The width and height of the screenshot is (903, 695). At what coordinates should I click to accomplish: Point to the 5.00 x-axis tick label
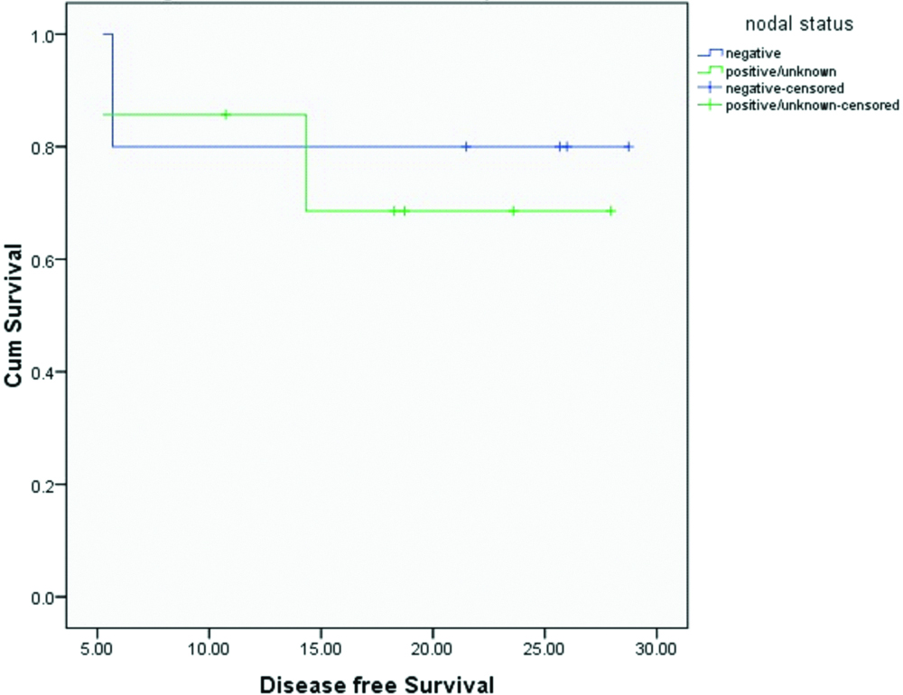(x=98, y=648)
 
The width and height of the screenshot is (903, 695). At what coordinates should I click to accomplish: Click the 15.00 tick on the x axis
(x=321, y=648)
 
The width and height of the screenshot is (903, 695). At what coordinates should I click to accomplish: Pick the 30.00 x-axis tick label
(x=656, y=648)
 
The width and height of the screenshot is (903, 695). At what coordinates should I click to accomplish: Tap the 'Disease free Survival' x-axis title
(x=377, y=683)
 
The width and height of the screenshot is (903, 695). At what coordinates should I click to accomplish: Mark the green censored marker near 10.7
(x=226, y=115)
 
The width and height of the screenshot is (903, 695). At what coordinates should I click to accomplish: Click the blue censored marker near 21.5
(x=466, y=146)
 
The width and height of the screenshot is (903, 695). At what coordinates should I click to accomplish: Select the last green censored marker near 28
(x=610, y=211)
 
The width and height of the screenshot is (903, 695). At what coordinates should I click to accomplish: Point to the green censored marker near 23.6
(x=513, y=211)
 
